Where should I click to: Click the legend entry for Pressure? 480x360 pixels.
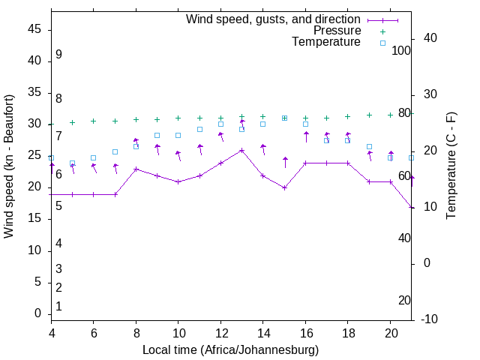tap(337, 31)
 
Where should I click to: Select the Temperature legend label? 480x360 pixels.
tap(326, 42)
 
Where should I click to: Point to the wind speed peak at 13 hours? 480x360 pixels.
tap(242, 150)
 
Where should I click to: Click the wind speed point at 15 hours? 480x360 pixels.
tap(285, 187)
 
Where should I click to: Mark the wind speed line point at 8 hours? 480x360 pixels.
tap(136, 169)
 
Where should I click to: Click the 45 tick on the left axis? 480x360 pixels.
tap(35, 29)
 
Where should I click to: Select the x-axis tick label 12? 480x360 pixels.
tap(220, 332)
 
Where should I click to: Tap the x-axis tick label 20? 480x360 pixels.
tap(390, 332)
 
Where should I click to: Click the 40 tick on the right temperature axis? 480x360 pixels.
tap(430, 38)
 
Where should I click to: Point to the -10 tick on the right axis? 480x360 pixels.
tap(430, 319)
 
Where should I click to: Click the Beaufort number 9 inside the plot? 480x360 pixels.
tap(58, 55)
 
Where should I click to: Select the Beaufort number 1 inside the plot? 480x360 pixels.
tap(58, 306)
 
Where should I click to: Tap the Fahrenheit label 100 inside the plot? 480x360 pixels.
tap(402, 50)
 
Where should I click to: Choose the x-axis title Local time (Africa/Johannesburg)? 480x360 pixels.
tap(231, 349)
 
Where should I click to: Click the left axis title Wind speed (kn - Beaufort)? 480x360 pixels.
tap(9, 166)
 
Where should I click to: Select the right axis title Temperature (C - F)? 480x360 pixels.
tap(451, 166)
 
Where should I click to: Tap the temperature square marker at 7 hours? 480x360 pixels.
tap(115, 151)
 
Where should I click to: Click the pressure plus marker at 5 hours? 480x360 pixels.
tap(73, 122)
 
